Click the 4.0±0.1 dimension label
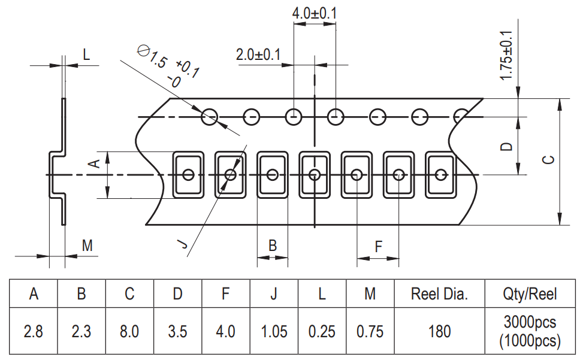(x=315, y=13)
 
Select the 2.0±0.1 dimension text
(x=258, y=55)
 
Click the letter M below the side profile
(x=87, y=245)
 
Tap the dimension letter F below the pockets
(x=378, y=246)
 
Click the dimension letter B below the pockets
(x=272, y=246)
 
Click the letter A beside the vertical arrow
(x=93, y=164)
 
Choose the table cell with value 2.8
(x=34, y=331)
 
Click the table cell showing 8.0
(x=129, y=331)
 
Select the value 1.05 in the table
(x=274, y=331)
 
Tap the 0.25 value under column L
(x=322, y=331)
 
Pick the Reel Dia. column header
(x=439, y=294)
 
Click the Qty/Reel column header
(x=530, y=294)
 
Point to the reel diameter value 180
(x=439, y=331)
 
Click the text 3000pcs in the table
(x=530, y=322)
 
